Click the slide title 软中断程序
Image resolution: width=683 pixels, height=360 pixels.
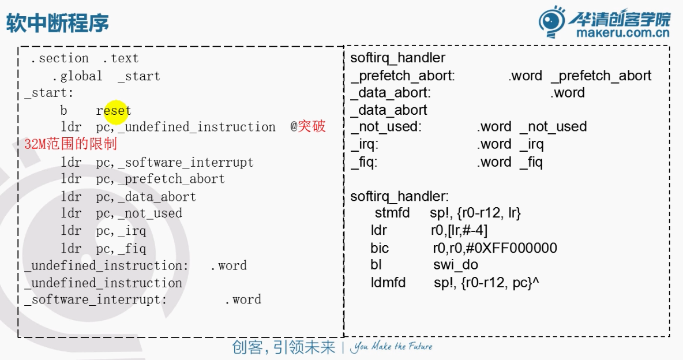coord(57,24)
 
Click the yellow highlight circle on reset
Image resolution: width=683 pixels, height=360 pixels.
coord(115,110)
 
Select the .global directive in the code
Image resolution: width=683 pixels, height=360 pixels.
coord(77,76)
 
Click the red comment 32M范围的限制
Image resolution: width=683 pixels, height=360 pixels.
coord(70,144)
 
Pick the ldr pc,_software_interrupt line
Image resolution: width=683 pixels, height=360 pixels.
coord(157,162)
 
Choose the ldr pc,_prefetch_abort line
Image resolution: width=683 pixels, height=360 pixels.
coord(142,179)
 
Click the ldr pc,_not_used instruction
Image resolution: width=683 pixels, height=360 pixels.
coord(121,213)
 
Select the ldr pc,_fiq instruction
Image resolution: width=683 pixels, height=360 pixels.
coord(103,249)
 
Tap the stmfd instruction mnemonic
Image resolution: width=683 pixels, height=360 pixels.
coord(392,213)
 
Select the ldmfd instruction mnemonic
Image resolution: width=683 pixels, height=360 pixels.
coord(388,283)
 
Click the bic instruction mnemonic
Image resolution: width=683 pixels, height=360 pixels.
coord(380,249)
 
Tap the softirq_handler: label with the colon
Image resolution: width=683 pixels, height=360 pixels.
coord(400,197)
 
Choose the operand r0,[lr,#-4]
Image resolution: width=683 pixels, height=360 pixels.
coord(459,231)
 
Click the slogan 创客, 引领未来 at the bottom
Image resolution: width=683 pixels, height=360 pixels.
coord(283,347)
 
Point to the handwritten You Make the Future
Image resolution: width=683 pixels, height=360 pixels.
coord(392,347)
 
